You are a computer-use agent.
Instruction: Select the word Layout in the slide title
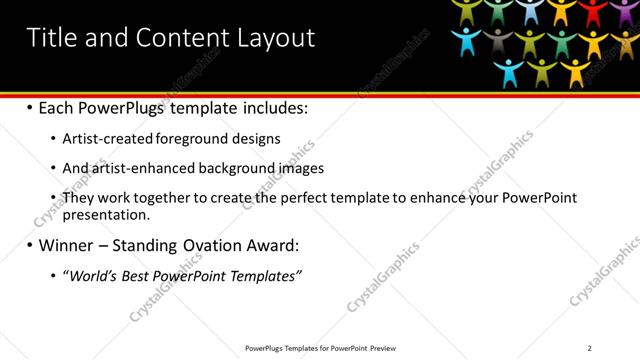pyautogui.click(x=275, y=38)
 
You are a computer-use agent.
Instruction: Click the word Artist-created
pyautogui.click(x=108, y=139)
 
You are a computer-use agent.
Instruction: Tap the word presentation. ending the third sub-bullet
pyautogui.click(x=106, y=214)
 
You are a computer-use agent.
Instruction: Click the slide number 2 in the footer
pyautogui.click(x=590, y=348)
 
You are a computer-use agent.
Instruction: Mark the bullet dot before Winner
pyautogui.click(x=29, y=245)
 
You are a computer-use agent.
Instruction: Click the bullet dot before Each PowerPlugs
pyautogui.click(x=29, y=107)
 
